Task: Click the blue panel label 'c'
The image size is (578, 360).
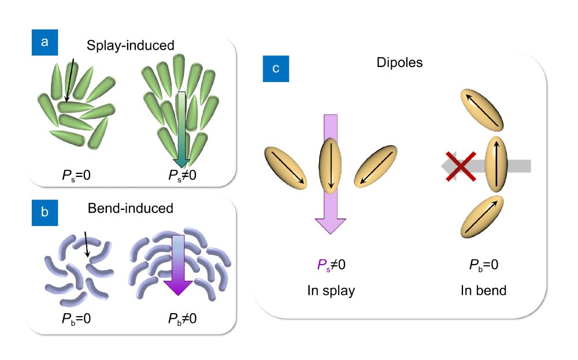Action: click(x=276, y=68)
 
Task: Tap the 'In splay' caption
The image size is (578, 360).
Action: click(x=331, y=291)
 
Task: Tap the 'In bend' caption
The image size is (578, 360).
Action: click(x=483, y=291)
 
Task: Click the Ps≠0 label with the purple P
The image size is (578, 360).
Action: click(x=331, y=265)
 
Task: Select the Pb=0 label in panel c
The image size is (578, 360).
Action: click(x=483, y=265)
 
